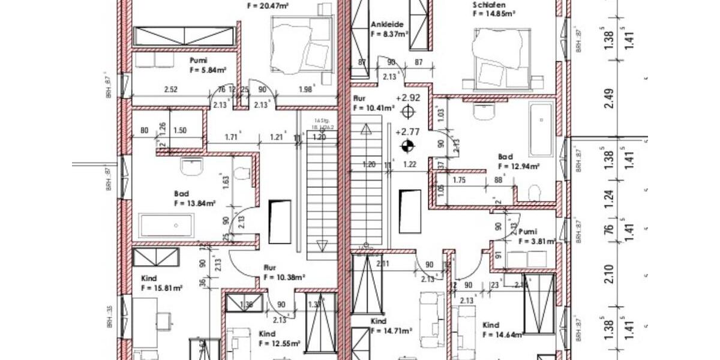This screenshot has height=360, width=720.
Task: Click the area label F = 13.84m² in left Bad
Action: click(x=194, y=203)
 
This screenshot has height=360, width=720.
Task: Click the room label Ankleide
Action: click(x=386, y=25)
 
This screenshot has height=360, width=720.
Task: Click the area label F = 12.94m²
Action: click(x=518, y=166)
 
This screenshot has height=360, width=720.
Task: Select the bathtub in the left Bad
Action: click(x=167, y=226)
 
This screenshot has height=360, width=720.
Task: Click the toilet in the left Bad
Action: click(x=242, y=174)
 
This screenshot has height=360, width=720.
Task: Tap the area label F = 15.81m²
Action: click(x=161, y=288)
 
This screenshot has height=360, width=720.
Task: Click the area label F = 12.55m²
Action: click(x=279, y=344)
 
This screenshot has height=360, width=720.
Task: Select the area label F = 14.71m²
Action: click(x=391, y=331)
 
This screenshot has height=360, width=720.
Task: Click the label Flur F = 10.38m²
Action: click(x=284, y=273)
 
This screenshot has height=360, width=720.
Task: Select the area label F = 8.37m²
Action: click(x=389, y=35)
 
